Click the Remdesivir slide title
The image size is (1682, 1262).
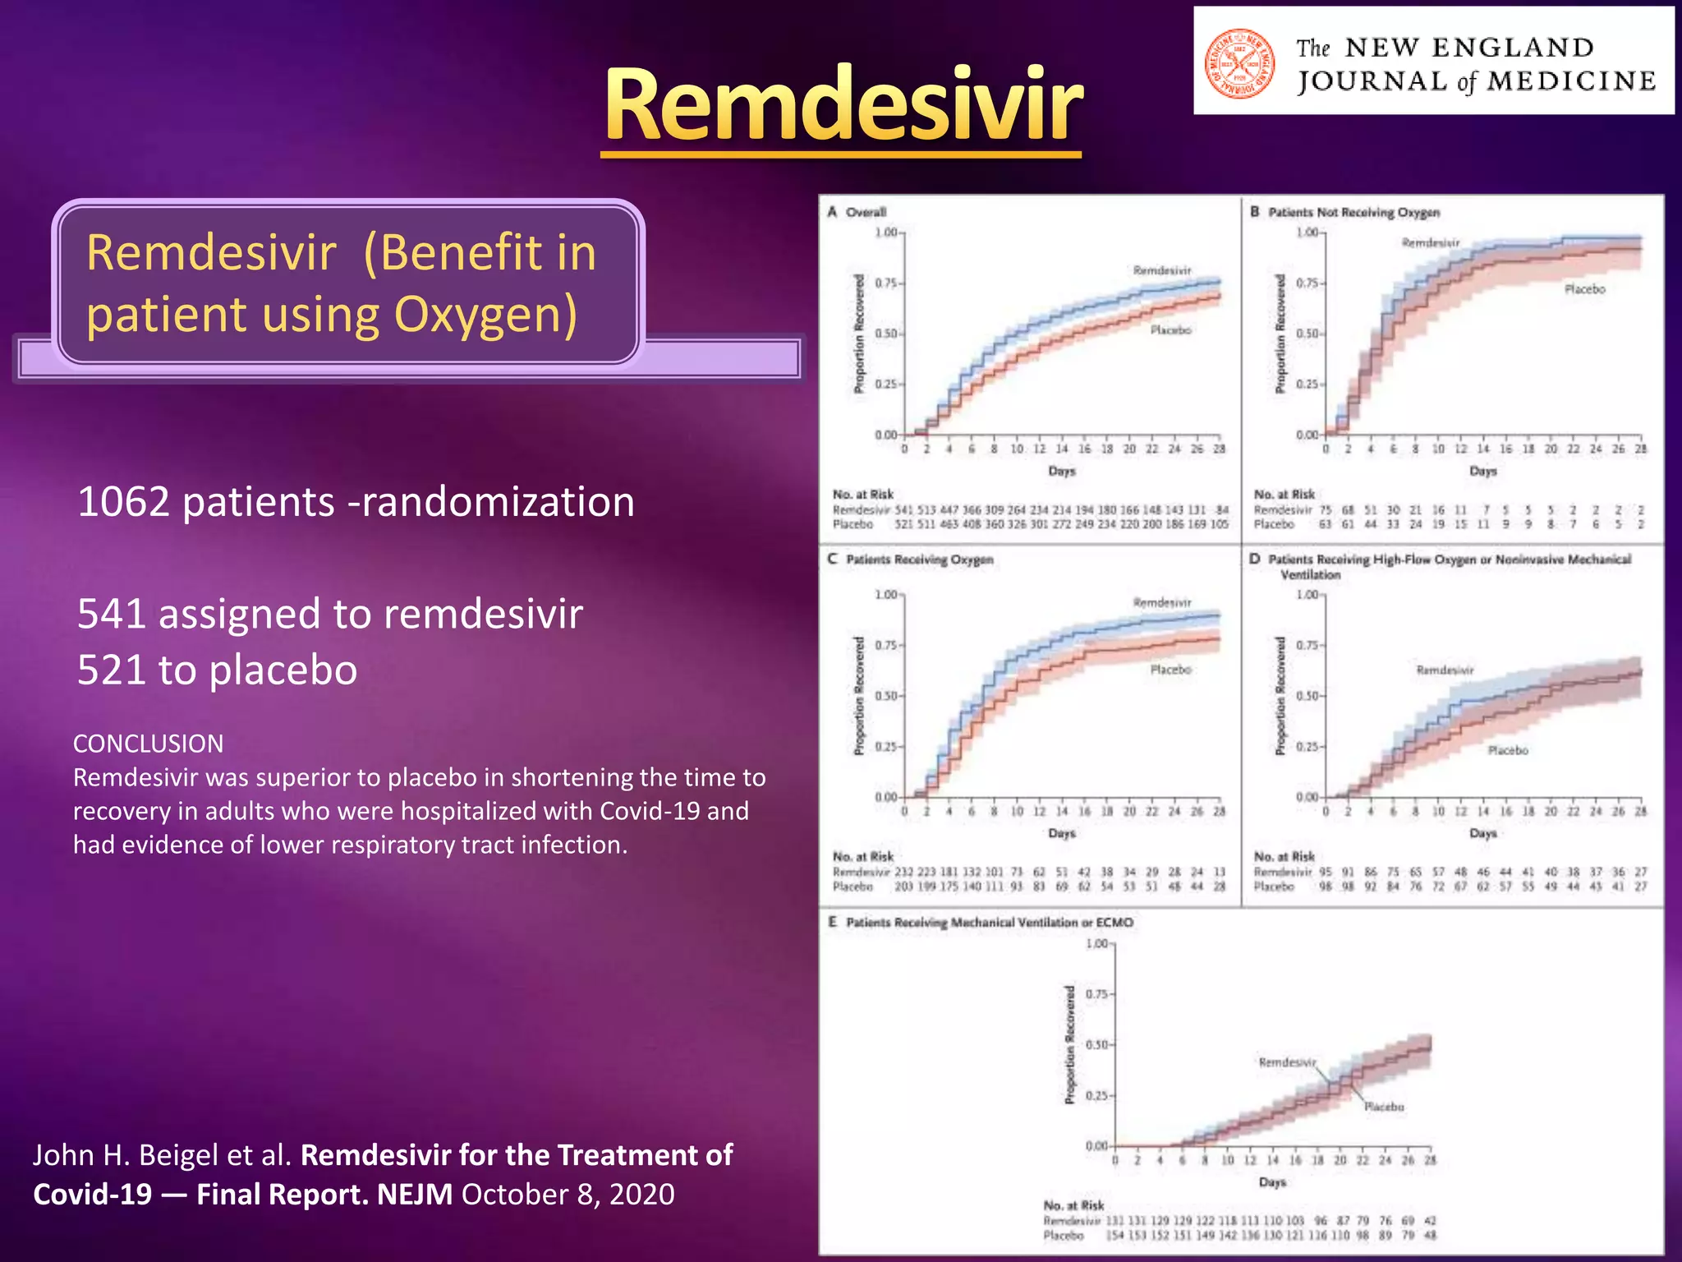[843, 105]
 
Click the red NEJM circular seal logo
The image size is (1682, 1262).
[1239, 63]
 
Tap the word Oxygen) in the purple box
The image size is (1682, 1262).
[485, 315]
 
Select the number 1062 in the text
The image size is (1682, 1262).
[123, 502]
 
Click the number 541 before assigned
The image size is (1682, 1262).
[112, 614]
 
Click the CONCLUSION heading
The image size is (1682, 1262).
[148, 744]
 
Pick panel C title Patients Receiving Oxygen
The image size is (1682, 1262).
[919, 560]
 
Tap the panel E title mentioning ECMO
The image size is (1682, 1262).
[989, 923]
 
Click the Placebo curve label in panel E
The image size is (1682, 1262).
[1384, 1107]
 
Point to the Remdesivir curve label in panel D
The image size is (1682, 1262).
[1445, 670]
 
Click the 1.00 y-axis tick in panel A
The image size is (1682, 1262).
[886, 233]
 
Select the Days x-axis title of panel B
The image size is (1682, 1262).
[1482, 471]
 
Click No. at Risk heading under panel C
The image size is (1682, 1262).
[862, 856]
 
